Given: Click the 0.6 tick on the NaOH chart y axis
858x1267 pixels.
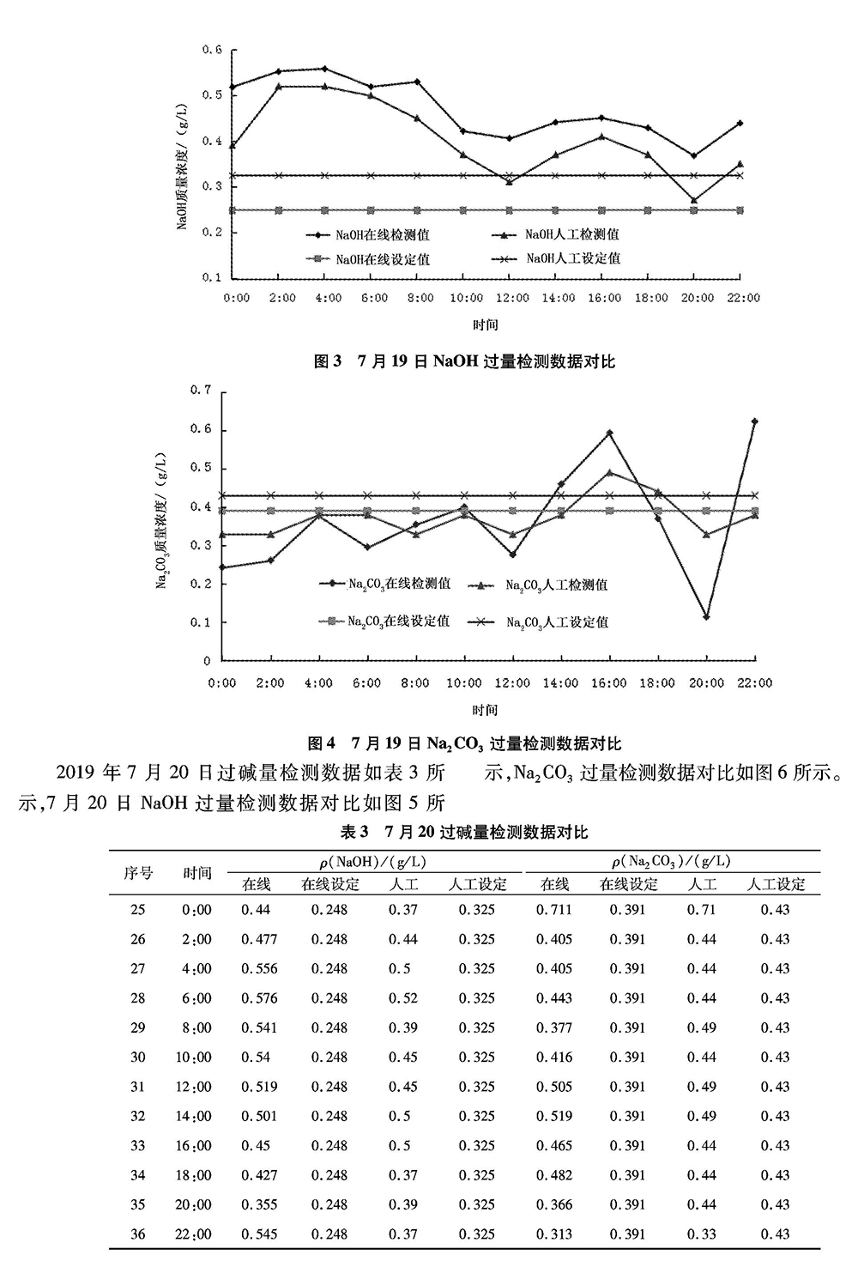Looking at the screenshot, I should pyautogui.click(x=212, y=50).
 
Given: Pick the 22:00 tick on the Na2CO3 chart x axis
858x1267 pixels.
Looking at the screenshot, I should pyautogui.click(x=754, y=682).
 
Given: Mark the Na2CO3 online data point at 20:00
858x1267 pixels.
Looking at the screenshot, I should pyautogui.click(x=706, y=616).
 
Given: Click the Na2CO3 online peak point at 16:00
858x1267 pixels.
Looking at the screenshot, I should pyautogui.click(x=609, y=433).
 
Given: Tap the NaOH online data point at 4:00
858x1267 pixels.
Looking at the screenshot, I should pyautogui.click(x=323, y=69).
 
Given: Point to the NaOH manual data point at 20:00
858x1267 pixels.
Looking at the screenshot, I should pyautogui.click(x=694, y=200).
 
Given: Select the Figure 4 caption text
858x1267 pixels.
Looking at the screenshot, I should pyautogui.click(x=464, y=743).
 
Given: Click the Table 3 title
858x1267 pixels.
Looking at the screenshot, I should pyautogui.click(x=464, y=831).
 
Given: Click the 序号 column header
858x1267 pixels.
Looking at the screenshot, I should pyautogui.click(x=138, y=872).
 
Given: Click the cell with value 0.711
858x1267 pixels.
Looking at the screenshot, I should pyautogui.click(x=553, y=909).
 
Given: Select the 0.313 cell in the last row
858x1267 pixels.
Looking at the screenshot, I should pyautogui.click(x=553, y=1234).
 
